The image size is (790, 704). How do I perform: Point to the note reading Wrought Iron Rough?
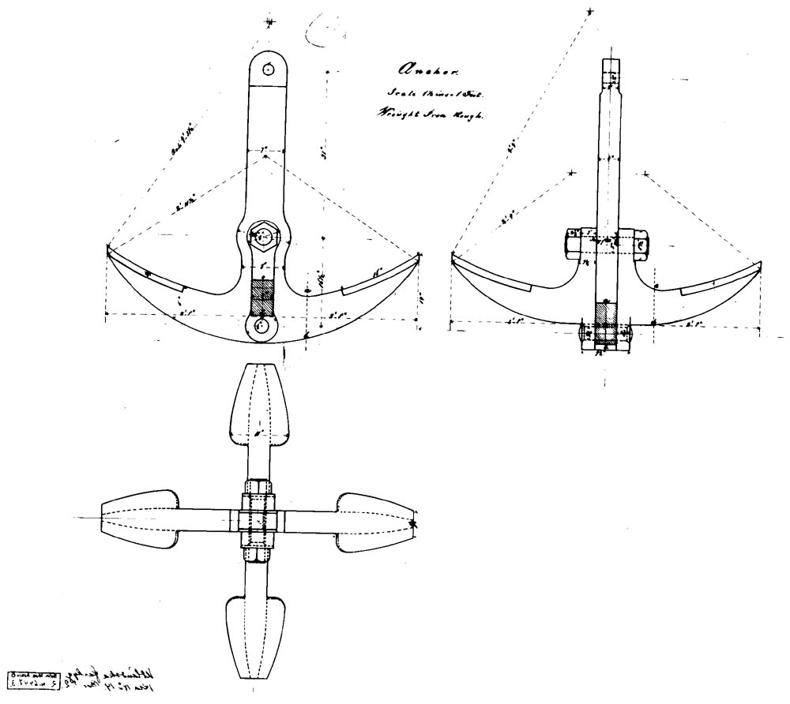430,114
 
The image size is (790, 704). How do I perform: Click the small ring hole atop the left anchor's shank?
269,69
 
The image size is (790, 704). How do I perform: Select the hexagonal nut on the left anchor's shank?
262,235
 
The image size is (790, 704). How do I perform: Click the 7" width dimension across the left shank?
265,148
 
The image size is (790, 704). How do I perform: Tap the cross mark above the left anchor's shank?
270,23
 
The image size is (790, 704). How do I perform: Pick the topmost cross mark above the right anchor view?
589,10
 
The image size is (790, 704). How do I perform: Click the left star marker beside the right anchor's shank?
571,173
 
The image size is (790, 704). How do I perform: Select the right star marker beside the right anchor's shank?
645,173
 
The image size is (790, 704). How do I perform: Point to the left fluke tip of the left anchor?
108,249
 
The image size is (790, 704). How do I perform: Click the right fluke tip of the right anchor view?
761,265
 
